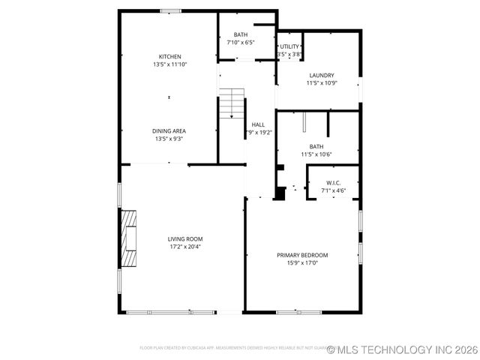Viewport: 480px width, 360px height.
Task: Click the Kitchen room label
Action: click(169, 57)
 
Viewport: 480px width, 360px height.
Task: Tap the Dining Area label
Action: click(169, 130)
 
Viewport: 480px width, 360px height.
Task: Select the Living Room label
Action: click(185, 239)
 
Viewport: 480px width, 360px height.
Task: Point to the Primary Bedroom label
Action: click(302, 255)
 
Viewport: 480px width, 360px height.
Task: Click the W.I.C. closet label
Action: click(334, 183)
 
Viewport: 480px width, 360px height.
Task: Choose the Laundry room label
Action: click(322, 75)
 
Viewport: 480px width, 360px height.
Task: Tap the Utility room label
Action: click(289, 46)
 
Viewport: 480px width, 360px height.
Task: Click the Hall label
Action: click(258, 124)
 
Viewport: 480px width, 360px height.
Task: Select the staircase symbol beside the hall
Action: click(232, 103)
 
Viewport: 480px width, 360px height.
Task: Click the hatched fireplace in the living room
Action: click(130, 238)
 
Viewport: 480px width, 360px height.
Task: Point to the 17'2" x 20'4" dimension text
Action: click(185, 247)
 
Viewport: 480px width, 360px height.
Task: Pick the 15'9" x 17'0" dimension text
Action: click(302, 262)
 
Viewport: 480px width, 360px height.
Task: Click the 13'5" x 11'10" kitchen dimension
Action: click(169, 64)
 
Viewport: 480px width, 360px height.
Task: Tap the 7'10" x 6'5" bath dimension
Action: click(241, 42)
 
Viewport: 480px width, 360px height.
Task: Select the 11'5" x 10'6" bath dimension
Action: click(316, 154)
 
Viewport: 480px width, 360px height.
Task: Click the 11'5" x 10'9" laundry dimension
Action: click(322, 82)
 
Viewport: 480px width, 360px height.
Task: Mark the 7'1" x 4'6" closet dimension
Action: click(334, 190)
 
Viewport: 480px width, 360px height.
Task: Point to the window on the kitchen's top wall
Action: click(170, 10)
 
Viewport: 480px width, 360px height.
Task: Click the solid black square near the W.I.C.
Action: click(280, 193)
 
